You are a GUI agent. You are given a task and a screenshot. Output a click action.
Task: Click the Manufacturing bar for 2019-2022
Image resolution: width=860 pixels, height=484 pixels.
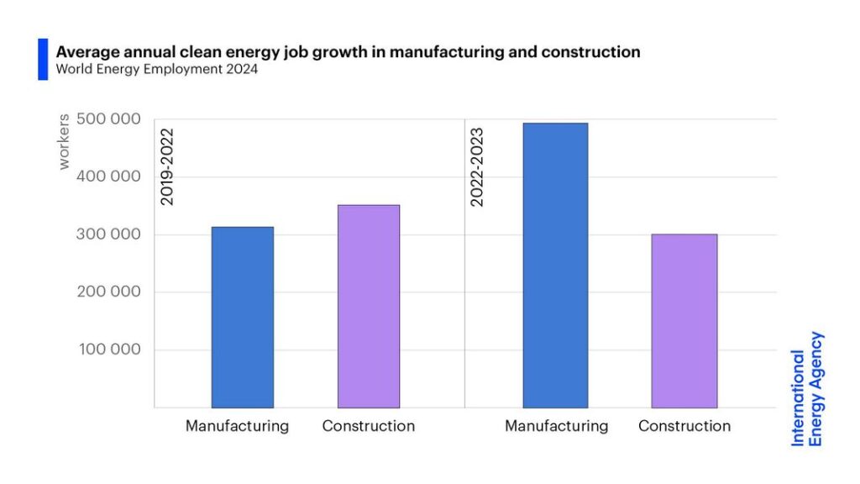coord(242,317)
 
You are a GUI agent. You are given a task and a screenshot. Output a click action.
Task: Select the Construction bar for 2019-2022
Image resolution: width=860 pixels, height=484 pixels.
coord(369,306)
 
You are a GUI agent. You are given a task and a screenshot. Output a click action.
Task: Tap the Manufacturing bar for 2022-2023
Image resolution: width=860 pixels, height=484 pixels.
coord(555,265)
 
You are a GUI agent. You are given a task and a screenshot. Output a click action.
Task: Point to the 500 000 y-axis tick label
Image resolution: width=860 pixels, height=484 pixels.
coord(108,119)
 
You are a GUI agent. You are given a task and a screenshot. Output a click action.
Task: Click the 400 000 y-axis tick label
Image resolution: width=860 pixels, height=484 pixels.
coord(108,176)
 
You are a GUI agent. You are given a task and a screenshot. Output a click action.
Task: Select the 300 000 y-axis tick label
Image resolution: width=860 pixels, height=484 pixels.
coord(108,234)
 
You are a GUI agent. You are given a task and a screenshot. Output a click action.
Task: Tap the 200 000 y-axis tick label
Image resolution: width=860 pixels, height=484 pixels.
coord(108,292)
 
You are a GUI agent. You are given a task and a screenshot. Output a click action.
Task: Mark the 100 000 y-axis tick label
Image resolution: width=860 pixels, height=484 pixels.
coord(110,350)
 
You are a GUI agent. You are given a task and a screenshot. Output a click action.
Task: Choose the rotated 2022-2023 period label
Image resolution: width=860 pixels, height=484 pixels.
coord(477,166)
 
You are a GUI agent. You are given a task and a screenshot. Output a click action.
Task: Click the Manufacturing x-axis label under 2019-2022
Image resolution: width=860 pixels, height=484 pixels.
coord(237,426)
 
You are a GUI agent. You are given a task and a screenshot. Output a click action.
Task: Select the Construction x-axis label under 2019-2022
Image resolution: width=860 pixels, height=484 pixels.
coord(369,426)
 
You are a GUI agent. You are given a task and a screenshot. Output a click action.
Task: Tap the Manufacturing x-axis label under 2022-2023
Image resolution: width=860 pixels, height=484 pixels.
coord(556,426)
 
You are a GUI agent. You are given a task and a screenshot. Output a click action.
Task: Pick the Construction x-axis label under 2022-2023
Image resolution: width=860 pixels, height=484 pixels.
coord(684,426)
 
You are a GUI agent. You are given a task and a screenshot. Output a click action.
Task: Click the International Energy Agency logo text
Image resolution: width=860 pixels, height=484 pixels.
coord(807,388)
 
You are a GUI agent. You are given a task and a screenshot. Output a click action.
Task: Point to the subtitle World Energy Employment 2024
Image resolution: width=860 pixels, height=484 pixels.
coord(157,70)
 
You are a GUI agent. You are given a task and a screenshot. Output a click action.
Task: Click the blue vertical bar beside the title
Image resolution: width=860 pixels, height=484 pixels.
coord(43,59)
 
